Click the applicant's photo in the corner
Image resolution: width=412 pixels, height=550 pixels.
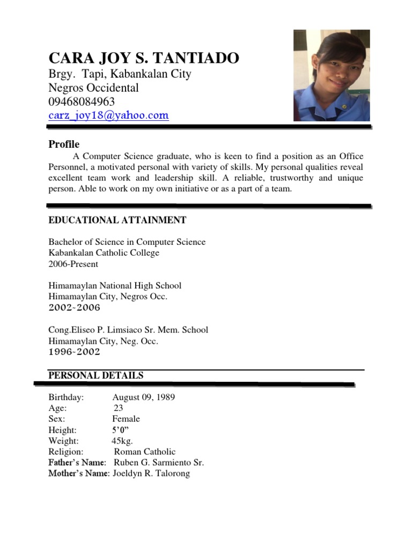(x=332, y=76)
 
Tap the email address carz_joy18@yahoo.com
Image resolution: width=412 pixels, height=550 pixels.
(x=108, y=115)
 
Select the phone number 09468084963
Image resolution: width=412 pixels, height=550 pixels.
(x=82, y=102)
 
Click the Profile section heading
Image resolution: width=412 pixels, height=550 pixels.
(x=64, y=144)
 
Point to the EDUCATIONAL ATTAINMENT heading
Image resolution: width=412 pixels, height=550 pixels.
(x=117, y=220)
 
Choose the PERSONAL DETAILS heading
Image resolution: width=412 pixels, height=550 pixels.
(x=96, y=376)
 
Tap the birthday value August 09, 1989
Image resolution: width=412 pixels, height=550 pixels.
(x=143, y=397)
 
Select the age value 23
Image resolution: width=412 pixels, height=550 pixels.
(x=119, y=408)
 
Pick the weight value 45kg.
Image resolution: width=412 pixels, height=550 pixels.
(x=122, y=441)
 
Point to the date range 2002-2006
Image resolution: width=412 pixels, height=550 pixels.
(x=74, y=308)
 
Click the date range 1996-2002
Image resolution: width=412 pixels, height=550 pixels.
(x=74, y=352)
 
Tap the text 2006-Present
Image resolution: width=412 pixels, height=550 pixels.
(x=73, y=264)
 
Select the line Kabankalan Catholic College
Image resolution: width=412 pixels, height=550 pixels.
(x=104, y=253)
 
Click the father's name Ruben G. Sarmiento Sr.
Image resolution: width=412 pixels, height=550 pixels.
(x=158, y=462)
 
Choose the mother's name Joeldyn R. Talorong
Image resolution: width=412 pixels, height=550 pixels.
(x=151, y=474)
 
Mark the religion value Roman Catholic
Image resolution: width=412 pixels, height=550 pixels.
(x=144, y=452)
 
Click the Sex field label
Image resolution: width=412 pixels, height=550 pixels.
(x=56, y=419)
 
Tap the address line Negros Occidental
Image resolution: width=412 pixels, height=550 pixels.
(x=93, y=88)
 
